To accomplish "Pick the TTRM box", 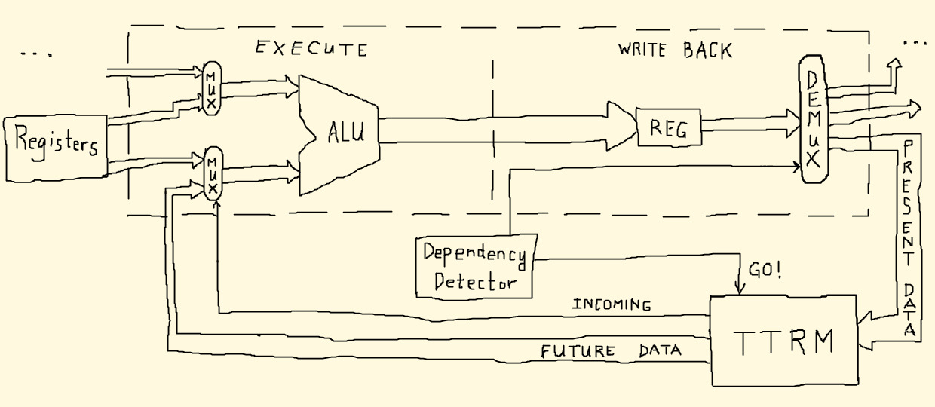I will [784, 341].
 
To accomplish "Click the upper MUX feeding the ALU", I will [210, 89].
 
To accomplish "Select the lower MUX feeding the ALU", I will [214, 175].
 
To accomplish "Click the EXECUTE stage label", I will [311, 50].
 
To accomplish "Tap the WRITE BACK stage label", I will [675, 50].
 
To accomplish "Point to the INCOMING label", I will [612, 305].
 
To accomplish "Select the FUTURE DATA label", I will [610, 350].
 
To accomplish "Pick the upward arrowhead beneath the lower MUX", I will [216, 206].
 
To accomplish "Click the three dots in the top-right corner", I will [915, 43].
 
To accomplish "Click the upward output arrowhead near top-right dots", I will [894, 66].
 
